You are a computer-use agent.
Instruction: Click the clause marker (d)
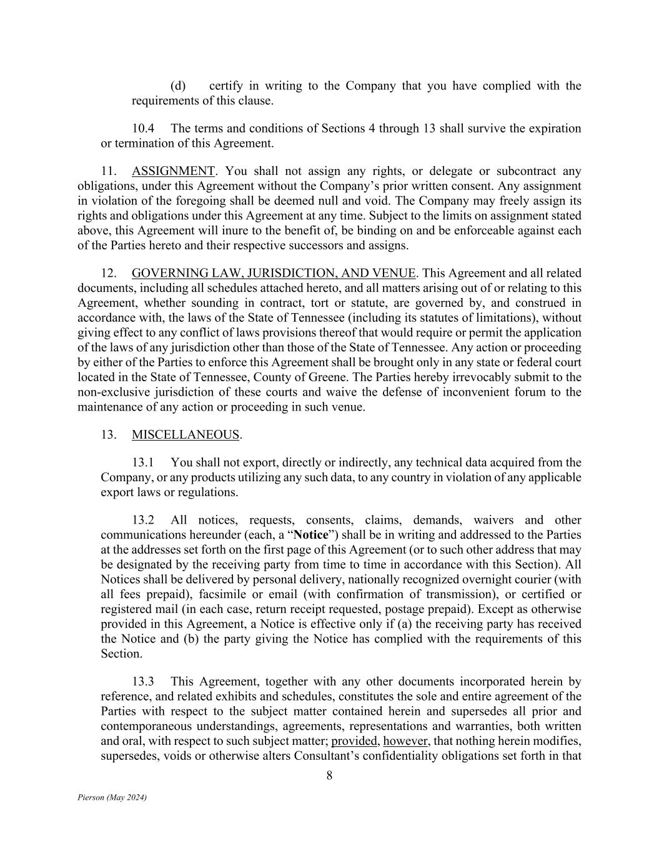(x=178, y=86)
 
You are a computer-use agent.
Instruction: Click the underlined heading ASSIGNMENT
(x=173, y=171)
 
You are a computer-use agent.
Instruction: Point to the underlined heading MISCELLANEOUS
(x=186, y=435)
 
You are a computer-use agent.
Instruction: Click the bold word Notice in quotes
(x=310, y=535)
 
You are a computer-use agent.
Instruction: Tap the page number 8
(x=329, y=776)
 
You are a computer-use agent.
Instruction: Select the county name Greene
(x=389, y=377)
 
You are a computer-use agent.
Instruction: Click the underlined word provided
(x=354, y=741)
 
